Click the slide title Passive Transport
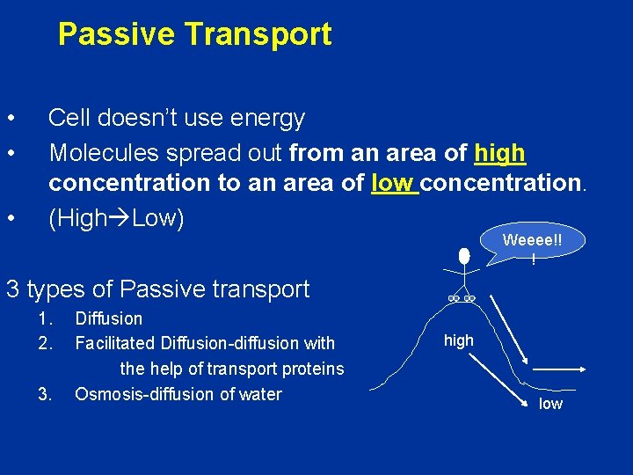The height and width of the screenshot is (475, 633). click(194, 35)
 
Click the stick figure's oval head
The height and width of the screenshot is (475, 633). click(464, 257)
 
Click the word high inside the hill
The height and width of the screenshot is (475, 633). click(458, 340)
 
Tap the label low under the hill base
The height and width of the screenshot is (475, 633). click(550, 404)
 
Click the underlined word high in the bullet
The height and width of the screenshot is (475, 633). click(499, 154)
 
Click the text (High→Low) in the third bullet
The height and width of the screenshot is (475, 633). click(116, 218)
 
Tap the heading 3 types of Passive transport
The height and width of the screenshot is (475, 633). click(157, 289)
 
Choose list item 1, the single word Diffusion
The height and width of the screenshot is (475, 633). click(109, 318)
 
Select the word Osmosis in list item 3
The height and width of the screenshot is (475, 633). click(106, 394)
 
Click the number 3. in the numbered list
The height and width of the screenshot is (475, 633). click(46, 394)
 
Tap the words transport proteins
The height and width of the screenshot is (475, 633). click(281, 369)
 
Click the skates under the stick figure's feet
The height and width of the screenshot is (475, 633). click(461, 299)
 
